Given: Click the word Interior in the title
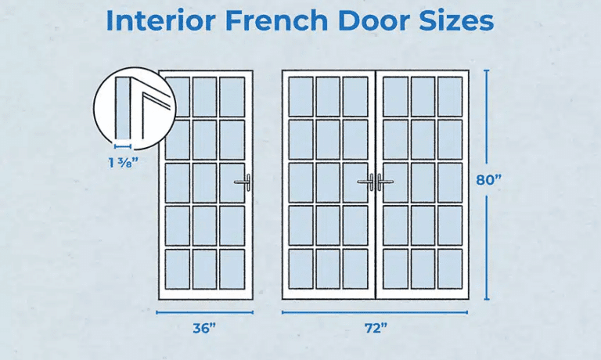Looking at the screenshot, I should [154, 21].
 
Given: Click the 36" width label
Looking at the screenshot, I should [204, 329].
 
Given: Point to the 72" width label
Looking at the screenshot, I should [375, 329].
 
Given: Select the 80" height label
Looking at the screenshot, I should [488, 179].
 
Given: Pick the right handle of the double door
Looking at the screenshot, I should [383, 182].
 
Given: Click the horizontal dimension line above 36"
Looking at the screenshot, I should [205, 312].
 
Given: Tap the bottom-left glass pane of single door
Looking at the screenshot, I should [178, 268].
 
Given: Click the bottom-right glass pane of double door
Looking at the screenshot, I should [450, 268].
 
